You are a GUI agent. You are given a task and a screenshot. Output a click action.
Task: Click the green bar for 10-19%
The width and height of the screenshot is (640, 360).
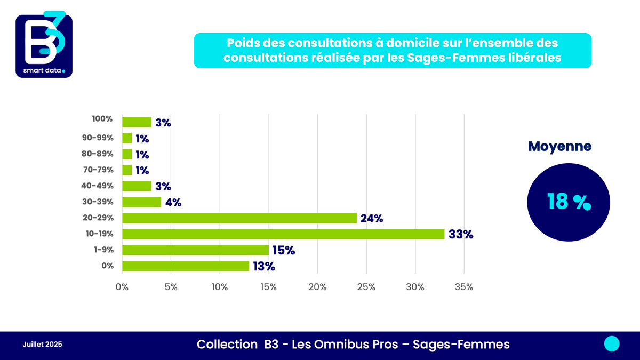(283, 234)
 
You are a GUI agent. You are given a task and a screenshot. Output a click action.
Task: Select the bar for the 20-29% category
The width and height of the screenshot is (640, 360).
(239, 218)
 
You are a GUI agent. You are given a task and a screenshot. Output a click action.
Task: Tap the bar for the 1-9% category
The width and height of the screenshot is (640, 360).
(195, 250)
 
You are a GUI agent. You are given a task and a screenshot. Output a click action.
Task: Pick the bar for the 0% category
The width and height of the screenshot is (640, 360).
(186, 266)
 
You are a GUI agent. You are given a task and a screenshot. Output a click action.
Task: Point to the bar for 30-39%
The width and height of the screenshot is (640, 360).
(142, 202)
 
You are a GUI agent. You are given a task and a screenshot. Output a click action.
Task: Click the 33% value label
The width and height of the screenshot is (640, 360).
(461, 234)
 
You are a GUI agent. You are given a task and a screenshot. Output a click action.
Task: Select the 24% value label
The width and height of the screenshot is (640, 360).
(372, 218)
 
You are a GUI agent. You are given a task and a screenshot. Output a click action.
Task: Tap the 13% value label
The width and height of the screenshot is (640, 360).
(263, 266)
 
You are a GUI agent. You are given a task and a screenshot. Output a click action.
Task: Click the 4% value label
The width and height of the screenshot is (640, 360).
(173, 202)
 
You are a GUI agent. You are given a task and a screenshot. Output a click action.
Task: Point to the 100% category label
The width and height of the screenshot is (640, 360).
(102, 119)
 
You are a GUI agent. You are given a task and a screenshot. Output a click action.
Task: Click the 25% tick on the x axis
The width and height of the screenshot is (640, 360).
(366, 287)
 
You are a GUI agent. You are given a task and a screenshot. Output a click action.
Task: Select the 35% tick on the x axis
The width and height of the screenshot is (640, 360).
(463, 287)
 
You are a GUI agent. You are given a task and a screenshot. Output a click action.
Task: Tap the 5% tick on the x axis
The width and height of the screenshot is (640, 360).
(171, 287)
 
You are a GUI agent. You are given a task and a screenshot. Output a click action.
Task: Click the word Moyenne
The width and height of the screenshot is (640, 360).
(559, 147)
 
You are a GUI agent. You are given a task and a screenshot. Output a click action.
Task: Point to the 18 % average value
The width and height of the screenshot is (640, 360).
(569, 202)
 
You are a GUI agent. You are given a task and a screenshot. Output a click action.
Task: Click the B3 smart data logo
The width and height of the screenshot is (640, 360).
(44, 45)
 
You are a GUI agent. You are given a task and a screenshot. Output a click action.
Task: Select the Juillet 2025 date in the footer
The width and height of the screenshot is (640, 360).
(42, 345)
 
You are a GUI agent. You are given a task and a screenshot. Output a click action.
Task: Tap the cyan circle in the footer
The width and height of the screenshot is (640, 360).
(612, 344)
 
